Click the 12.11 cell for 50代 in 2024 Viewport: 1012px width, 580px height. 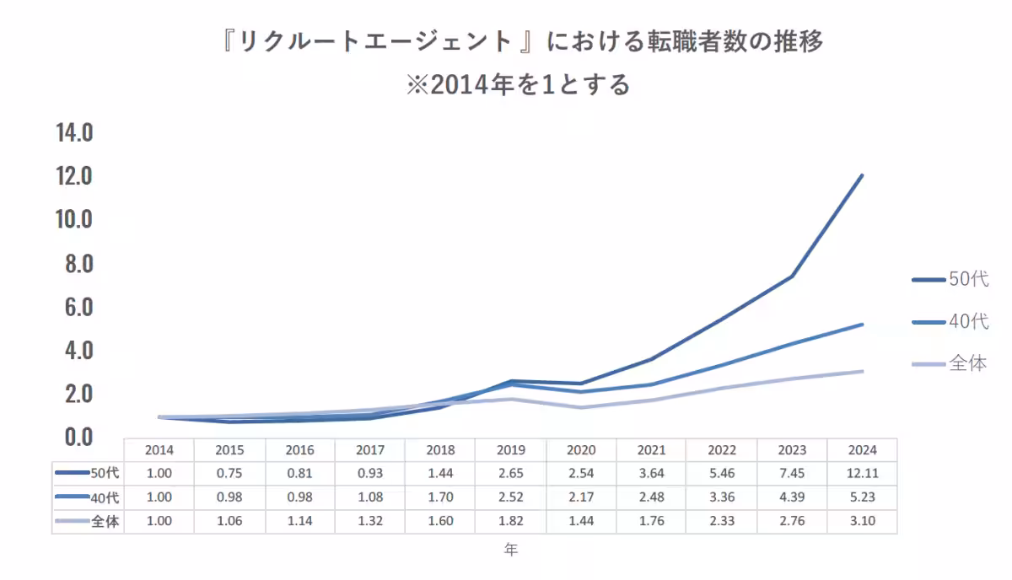pos(862,474)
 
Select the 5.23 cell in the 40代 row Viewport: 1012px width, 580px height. pos(862,497)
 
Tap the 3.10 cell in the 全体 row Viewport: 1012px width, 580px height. pos(862,522)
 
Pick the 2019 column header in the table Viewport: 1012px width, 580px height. pos(510,450)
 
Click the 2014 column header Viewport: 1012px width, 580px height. pos(159,450)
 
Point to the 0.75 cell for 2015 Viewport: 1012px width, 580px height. pos(229,474)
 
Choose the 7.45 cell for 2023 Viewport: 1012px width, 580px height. pos(792,474)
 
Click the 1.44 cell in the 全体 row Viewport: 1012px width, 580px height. pos(581,522)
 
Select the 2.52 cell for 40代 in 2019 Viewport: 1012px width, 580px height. pos(510,497)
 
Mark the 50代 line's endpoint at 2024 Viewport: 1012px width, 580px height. pos(862,175)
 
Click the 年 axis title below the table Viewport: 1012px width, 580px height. pos(511,550)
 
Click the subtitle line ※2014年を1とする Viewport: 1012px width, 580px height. pos(518,85)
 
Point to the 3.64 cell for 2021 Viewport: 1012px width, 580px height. pos(651,474)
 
